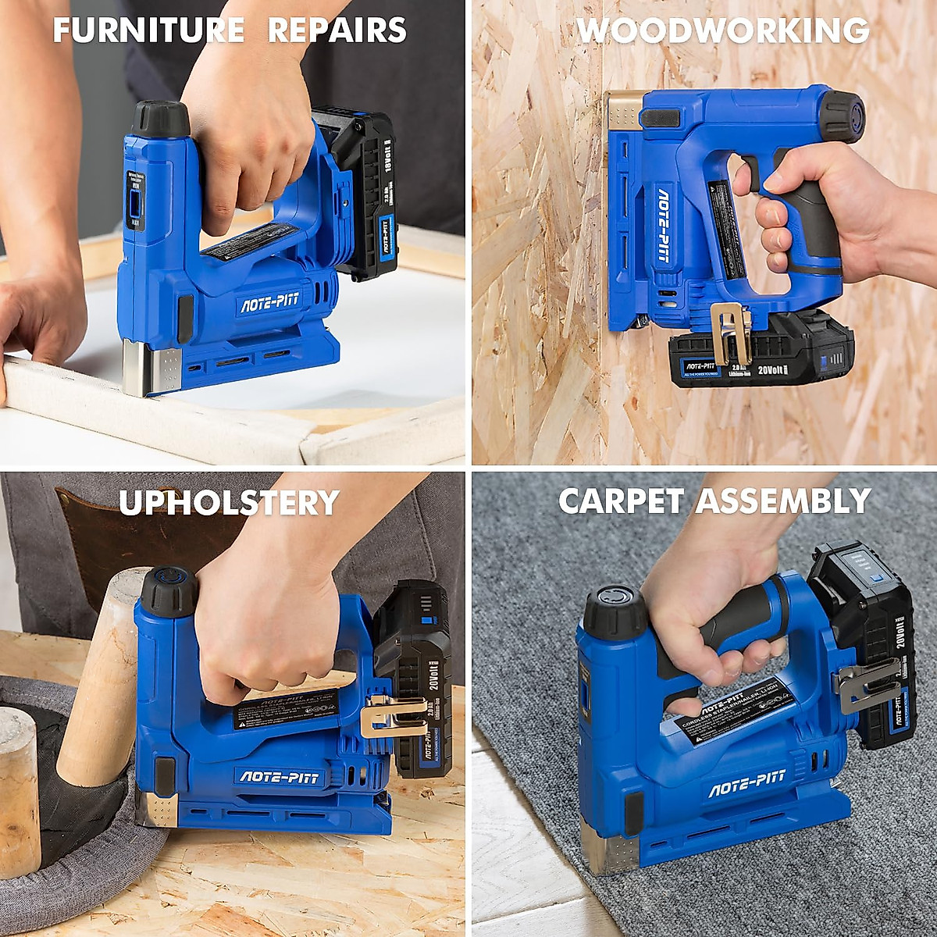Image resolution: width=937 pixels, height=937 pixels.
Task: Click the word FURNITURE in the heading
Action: click(x=148, y=31)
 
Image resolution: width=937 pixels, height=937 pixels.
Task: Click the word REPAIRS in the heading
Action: click(x=337, y=31)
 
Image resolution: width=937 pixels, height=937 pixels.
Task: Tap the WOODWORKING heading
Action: click(x=722, y=31)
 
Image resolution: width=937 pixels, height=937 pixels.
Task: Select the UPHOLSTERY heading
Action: click(x=229, y=502)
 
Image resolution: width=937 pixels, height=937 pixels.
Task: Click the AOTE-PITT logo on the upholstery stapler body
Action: click(x=278, y=776)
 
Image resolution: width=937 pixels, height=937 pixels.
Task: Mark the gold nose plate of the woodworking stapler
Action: click(x=625, y=109)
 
